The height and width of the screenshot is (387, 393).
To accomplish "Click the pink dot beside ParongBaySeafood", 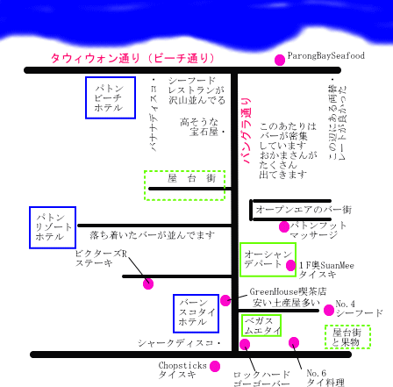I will (280, 60).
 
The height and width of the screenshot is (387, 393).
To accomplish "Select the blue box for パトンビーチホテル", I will (111, 98).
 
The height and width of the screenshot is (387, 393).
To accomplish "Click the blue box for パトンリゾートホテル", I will (54, 227).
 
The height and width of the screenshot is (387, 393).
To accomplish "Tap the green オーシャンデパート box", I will (261, 259).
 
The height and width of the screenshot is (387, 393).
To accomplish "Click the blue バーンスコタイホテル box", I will (196, 314).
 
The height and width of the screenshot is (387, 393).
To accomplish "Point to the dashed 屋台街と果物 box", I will (348, 337).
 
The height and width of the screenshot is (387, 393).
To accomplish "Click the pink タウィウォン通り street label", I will (144, 57).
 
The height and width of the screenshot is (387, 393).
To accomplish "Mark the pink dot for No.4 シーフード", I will (328, 310).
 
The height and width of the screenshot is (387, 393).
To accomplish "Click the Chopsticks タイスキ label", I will (182, 369).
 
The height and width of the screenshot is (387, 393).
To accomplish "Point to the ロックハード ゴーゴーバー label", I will (261, 378).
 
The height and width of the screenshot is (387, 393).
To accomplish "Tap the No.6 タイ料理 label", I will (325, 377).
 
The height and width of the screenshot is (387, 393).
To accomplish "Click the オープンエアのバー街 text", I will (304, 210).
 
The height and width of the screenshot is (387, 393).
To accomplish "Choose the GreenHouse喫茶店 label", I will (288, 291).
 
